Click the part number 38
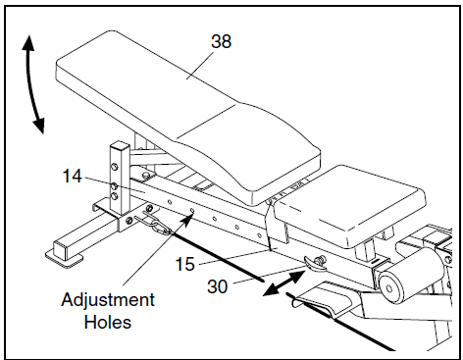(221, 41)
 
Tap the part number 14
(72, 176)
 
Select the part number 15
(185, 264)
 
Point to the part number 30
(217, 286)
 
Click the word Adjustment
(108, 300)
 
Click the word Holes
(108, 322)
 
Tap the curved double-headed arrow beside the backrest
(31, 84)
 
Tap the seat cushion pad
(350, 205)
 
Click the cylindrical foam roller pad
(411, 277)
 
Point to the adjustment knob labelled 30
(315, 263)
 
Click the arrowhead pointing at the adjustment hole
(187, 220)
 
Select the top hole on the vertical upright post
(115, 167)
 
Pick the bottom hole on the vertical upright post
(115, 196)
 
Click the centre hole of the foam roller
(389, 288)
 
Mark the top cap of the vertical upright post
(120, 145)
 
